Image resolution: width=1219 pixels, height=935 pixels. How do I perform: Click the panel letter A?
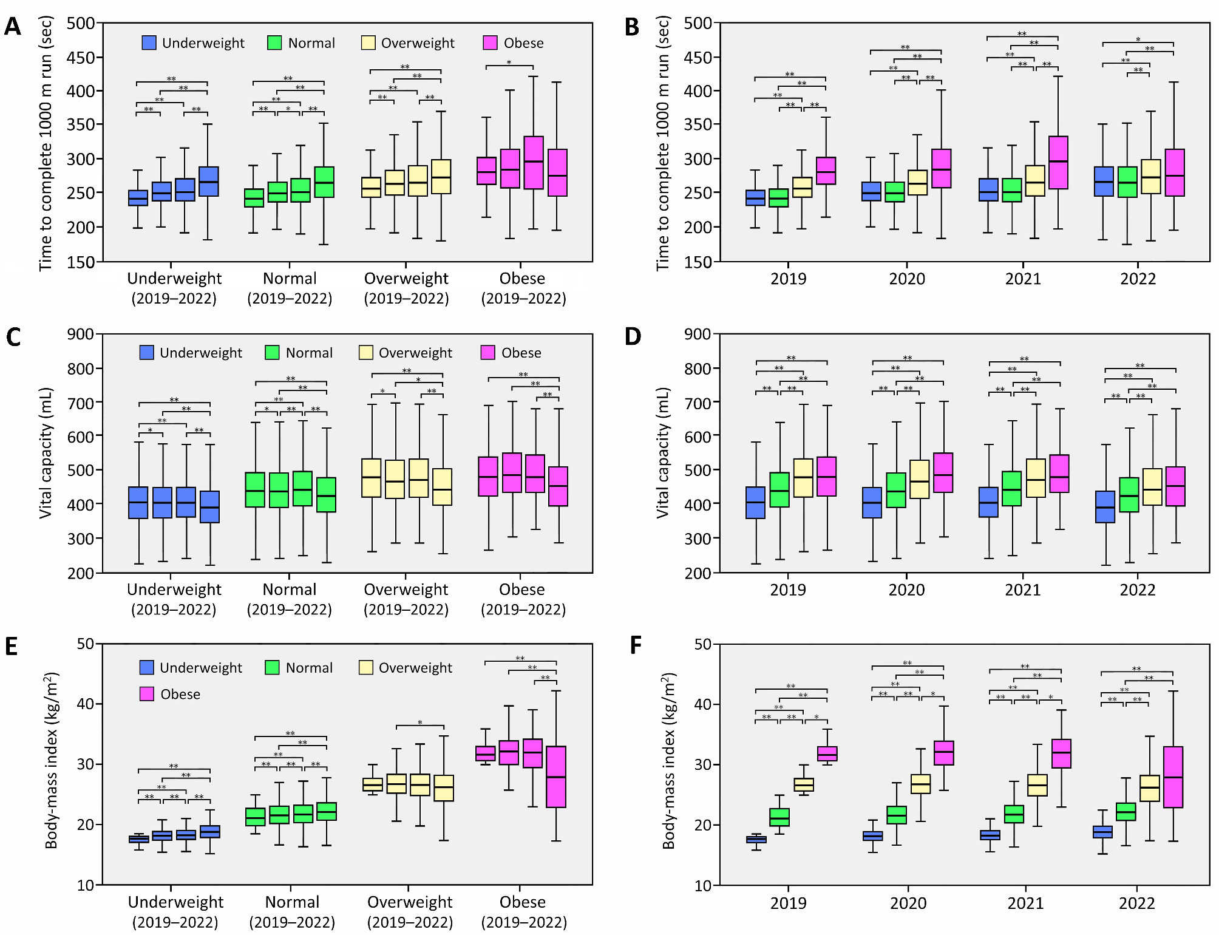click(x=13, y=27)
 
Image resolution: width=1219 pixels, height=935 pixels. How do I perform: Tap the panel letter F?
click(x=635, y=645)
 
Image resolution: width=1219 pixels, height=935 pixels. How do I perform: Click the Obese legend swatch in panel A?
click(x=490, y=42)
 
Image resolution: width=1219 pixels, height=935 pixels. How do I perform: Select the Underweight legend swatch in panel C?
click(x=147, y=353)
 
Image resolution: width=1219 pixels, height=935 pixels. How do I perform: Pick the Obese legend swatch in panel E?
click(x=147, y=694)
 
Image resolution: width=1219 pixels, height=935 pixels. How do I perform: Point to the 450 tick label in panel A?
click(x=81, y=58)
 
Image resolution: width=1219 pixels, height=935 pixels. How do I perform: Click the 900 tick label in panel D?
click(x=698, y=334)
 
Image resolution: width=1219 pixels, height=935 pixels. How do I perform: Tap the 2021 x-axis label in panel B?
click(x=1023, y=279)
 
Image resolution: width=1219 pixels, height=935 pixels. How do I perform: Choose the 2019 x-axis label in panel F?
click(x=788, y=903)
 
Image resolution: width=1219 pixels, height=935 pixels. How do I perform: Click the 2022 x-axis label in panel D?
click(x=1137, y=590)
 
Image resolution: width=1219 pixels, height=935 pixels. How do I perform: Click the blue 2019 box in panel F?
click(x=756, y=840)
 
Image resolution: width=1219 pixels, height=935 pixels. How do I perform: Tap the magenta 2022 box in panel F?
click(x=1173, y=777)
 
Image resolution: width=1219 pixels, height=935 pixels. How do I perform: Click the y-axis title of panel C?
click(x=46, y=453)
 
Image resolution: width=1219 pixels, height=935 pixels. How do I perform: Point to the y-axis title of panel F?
click(x=668, y=760)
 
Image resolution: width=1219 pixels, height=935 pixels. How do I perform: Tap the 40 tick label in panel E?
click(x=86, y=704)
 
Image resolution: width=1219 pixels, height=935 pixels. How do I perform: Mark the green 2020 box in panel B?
click(x=894, y=192)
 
